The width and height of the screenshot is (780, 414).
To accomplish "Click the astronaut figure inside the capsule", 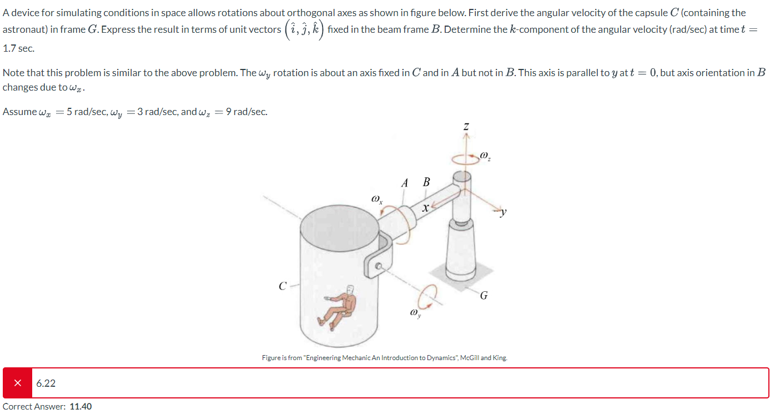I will point(340,306).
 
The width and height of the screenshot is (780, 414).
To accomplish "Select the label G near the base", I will point(484,296).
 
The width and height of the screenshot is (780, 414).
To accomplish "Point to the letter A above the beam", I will point(405,183).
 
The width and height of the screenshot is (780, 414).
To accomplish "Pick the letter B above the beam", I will point(426,182).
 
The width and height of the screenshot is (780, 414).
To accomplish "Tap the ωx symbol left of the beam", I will point(376,198).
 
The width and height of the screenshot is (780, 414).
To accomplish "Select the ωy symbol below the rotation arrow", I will point(414,314).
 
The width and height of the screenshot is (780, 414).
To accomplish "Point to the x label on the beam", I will point(425,208).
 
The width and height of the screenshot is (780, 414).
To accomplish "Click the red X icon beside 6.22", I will point(18,383).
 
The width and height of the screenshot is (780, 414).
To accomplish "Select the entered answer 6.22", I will point(46,383).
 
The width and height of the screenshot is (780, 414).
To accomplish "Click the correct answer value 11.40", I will point(80,406).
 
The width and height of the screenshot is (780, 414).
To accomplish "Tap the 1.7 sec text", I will point(18,48).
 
